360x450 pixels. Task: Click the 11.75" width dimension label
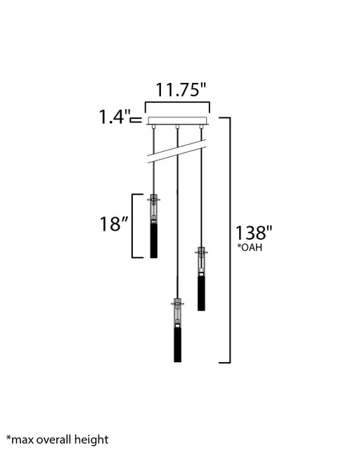click(x=181, y=89)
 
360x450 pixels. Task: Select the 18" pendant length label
click(x=114, y=224)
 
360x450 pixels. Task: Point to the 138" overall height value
click(x=254, y=233)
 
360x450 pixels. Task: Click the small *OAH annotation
click(x=250, y=247)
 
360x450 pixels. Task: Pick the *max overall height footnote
click(x=58, y=439)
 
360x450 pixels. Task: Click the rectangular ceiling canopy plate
click(x=177, y=121)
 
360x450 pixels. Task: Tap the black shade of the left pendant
click(x=154, y=240)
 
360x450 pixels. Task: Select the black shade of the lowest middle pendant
click(x=178, y=345)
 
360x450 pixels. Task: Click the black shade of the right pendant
click(x=201, y=293)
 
